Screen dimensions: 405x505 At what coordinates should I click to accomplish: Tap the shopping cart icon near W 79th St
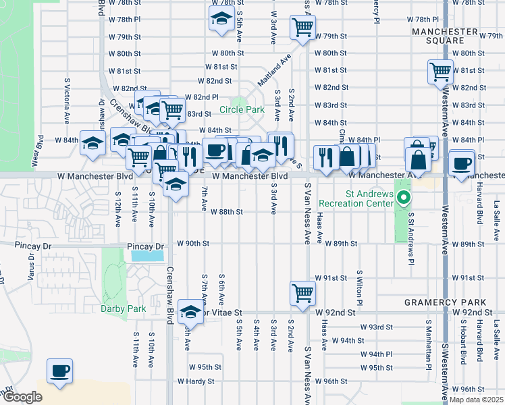point(302,28)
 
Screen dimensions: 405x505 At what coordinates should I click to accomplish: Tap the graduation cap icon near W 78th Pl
point(221,20)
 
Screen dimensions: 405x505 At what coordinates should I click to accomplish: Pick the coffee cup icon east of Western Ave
point(462,164)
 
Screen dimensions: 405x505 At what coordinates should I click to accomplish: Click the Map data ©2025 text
point(476,400)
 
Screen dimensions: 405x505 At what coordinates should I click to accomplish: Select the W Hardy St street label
point(196,381)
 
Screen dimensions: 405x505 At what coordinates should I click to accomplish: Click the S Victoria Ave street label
point(68,101)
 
